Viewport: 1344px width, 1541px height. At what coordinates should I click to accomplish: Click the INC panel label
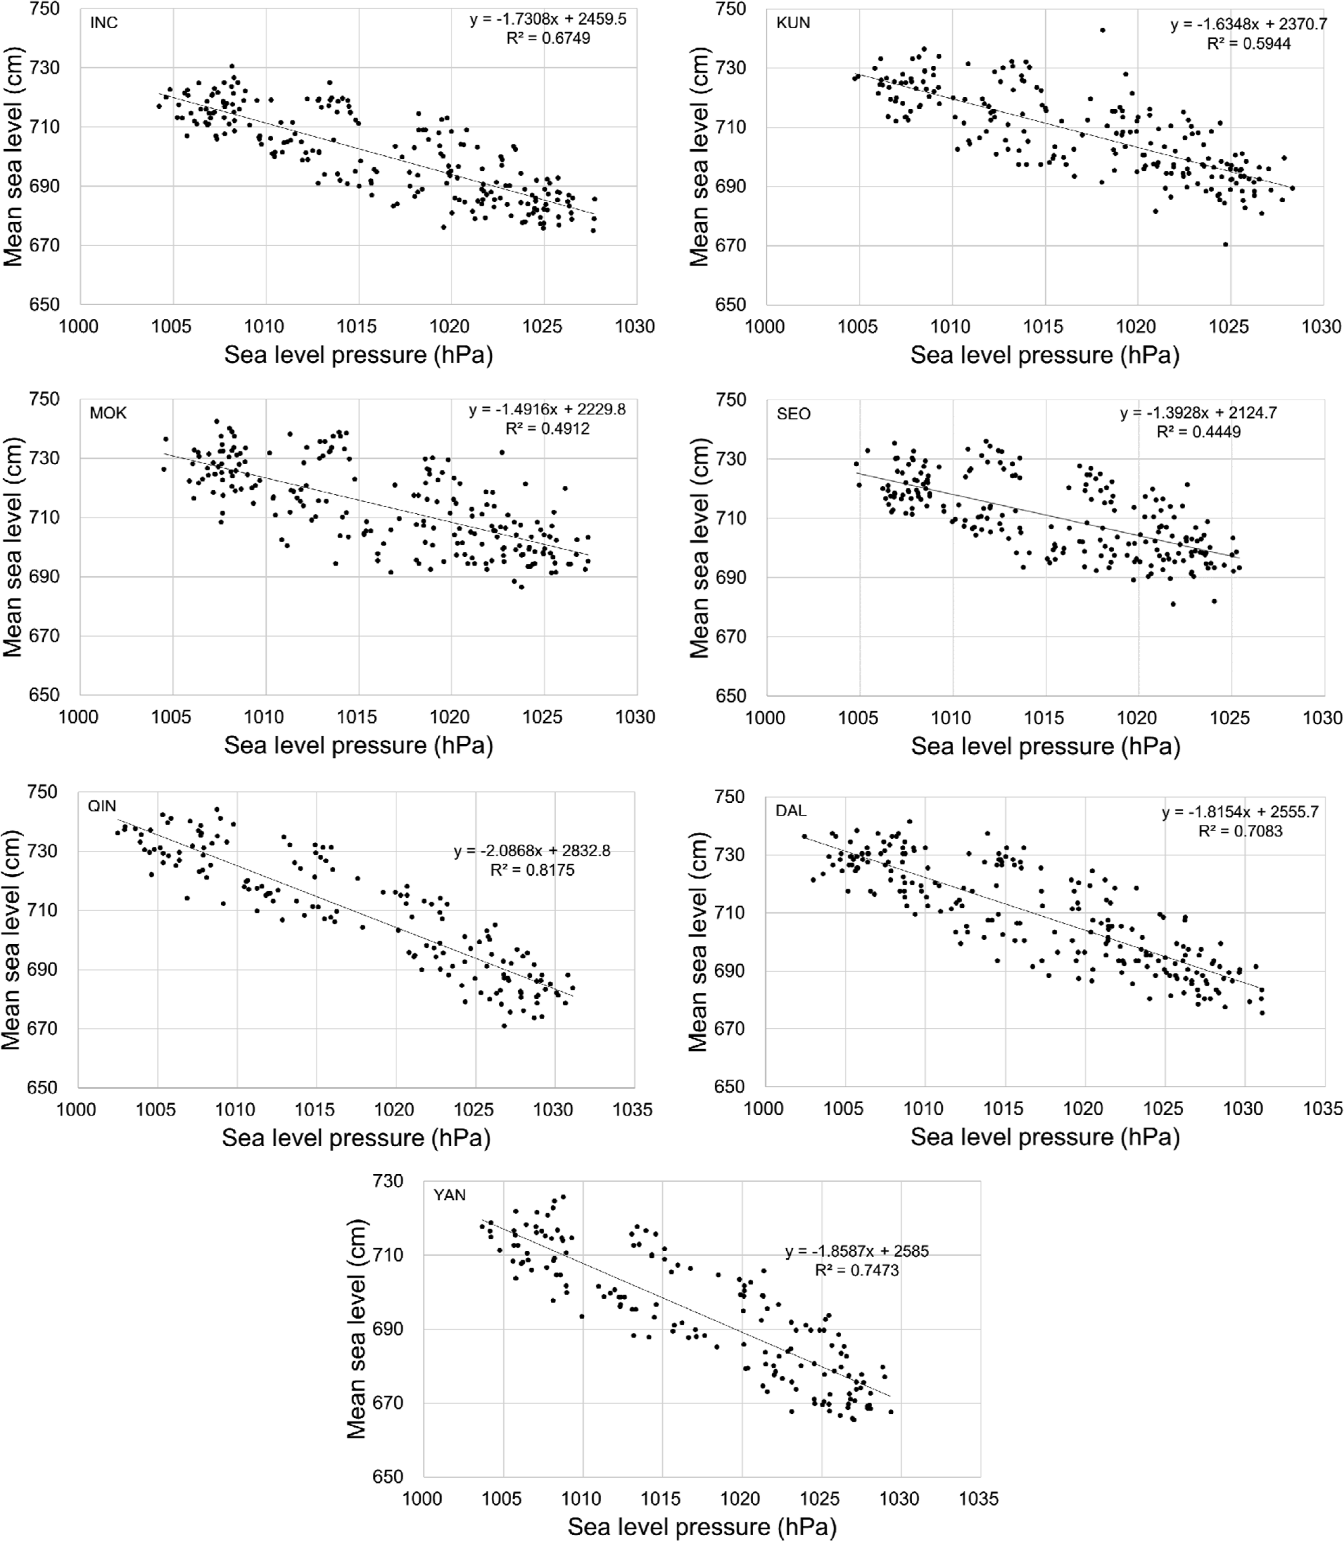(104, 23)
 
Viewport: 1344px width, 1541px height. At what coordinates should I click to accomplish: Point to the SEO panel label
(793, 414)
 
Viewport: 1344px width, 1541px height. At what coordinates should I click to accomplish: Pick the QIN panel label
(102, 806)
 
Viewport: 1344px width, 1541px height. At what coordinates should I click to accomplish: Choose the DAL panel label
(791, 810)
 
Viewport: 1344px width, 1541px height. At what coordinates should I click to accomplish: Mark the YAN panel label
(449, 1194)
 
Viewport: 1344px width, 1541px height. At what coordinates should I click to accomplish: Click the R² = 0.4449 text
(1198, 432)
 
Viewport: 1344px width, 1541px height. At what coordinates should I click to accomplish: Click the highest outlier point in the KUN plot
(1102, 30)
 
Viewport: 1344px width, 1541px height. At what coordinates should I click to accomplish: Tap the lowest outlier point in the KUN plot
(1225, 244)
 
